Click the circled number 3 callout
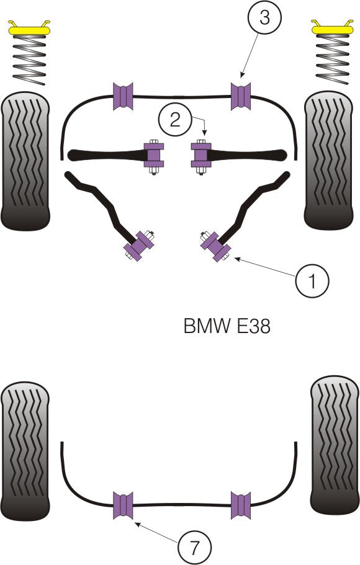pyautogui.click(x=264, y=18)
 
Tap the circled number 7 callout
pyautogui.click(x=194, y=548)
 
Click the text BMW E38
pyautogui.click(x=227, y=326)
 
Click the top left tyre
pyautogui.click(x=25, y=161)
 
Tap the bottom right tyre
pyautogui.click(x=334, y=445)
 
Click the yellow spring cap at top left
pyautogui.click(x=29, y=28)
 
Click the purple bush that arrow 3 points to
pyautogui.click(x=241, y=95)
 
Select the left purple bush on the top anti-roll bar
pyautogui.click(x=123, y=95)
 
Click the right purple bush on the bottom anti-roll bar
pyautogui.click(x=241, y=504)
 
